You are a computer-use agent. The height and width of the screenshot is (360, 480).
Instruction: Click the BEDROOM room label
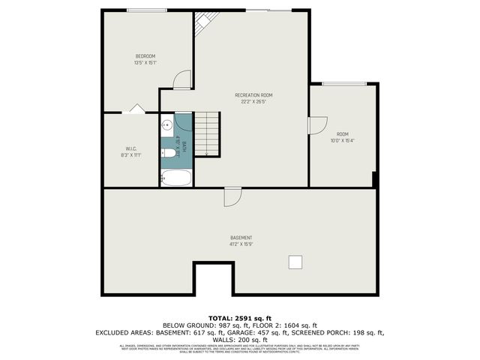point(145,57)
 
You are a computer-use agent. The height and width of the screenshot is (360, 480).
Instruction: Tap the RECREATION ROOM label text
point(253,95)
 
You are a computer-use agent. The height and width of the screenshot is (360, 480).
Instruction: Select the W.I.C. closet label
point(131,148)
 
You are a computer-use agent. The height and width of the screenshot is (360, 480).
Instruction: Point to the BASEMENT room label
point(241,238)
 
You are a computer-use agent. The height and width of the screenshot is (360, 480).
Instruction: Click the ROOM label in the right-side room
point(342,133)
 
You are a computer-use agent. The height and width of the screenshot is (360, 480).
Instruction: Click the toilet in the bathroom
point(169,153)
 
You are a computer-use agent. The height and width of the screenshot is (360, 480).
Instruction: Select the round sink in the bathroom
point(167,125)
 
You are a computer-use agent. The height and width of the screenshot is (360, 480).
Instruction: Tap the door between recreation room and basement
point(232,196)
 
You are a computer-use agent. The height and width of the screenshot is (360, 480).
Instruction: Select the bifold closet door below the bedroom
point(136,109)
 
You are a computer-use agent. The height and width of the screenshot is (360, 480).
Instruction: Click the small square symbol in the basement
point(296,261)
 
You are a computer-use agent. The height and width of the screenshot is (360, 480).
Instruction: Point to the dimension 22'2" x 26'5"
point(253,102)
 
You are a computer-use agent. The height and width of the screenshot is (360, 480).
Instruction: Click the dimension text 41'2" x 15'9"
point(241,244)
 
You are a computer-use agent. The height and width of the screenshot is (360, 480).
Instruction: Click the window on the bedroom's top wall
point(147,10)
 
